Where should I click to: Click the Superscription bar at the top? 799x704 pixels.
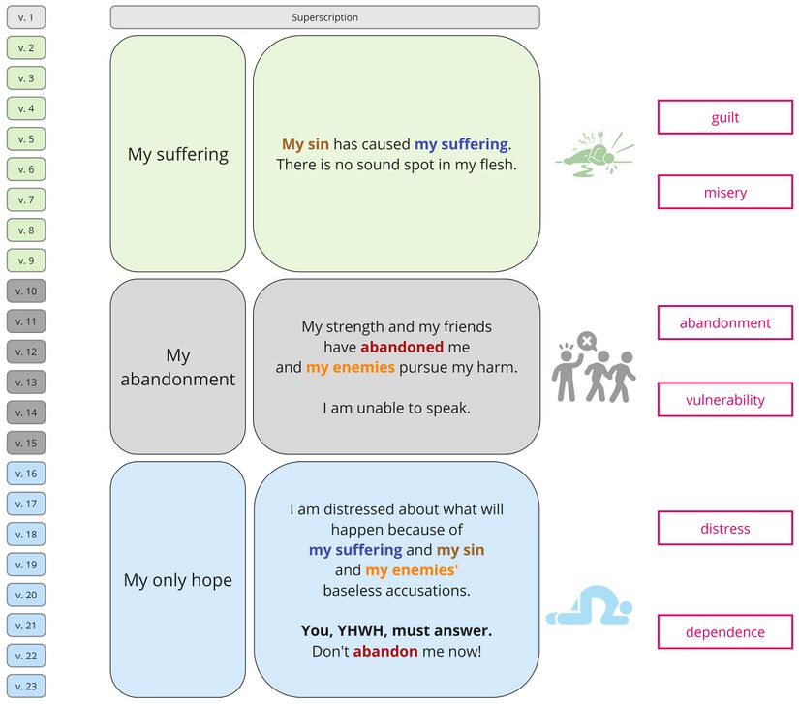(324, 17)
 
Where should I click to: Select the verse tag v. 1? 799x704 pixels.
(25, 17)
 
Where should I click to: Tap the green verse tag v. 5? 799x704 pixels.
(25, 139)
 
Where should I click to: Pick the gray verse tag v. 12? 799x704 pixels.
(25, 352)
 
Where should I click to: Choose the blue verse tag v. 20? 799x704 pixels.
(25, 596)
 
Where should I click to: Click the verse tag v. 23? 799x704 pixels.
(25, 687)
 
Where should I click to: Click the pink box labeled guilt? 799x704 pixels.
(724, 117)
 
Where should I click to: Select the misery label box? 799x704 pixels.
(724, 192)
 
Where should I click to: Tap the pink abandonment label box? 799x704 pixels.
(724, 323)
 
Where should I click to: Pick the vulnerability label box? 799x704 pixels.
(724, 399)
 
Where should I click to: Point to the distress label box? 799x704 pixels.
(724, 529)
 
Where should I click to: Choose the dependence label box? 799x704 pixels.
(724, 632)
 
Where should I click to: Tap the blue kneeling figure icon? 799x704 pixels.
(589, 606)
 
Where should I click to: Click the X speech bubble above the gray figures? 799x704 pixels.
(586, 341)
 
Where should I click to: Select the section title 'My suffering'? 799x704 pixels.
(178, 154)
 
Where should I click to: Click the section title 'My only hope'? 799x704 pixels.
(178, 580)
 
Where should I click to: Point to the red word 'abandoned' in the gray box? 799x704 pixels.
(402, 347)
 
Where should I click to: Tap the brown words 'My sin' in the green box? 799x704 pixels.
(305, 144)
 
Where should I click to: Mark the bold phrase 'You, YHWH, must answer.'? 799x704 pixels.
(396, 630)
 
